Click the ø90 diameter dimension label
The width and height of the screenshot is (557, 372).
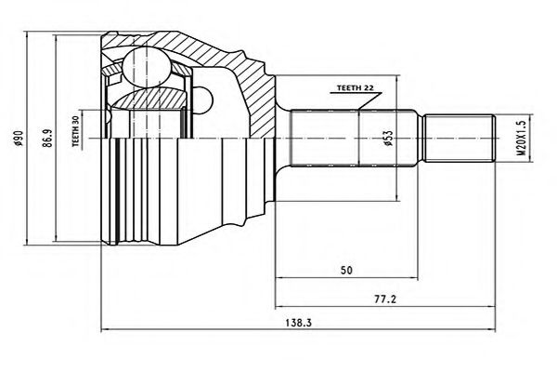coord(18,140)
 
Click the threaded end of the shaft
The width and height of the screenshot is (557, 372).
coord(457,139)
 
